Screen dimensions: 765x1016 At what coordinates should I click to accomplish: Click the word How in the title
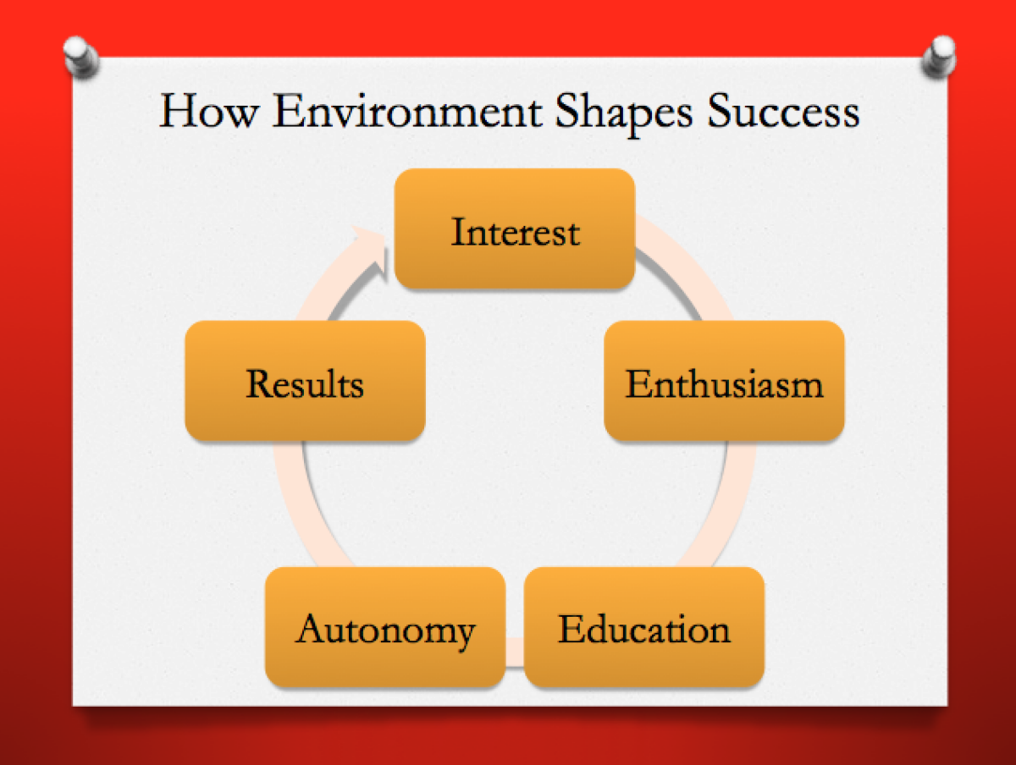[x=207, y=113]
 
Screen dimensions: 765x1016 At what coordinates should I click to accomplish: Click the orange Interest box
[x=515, y=229]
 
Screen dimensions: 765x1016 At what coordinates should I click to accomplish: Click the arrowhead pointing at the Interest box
[x=373, y=249]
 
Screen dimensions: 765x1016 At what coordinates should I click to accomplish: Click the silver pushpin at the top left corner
[x=80, y=57]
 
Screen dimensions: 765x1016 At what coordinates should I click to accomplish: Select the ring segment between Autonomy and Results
[x=291, y=504]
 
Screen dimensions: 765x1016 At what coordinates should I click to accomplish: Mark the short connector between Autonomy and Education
[x=515, y=651]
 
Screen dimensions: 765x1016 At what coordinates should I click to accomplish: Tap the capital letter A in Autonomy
[x=311, y=630]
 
